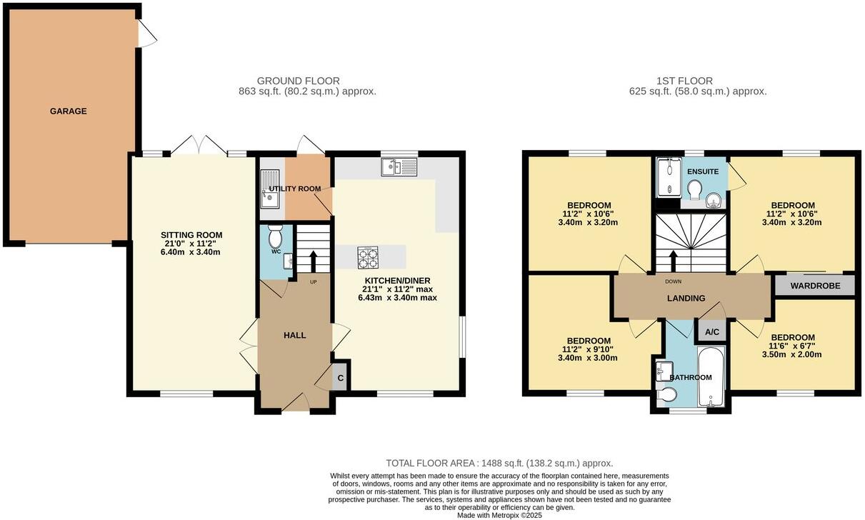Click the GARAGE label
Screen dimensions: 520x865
point(68,111)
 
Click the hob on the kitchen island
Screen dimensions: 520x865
point(367,256)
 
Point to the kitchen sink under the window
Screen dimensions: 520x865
point(399,167)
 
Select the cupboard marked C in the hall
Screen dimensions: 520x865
point(341,378)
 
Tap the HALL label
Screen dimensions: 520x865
point(294,335)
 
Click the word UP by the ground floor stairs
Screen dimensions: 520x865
point(313,281)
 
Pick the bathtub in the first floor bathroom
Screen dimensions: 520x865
point(711,377)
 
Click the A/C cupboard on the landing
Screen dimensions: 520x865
point(711,332)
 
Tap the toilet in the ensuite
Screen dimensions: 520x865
point(693,190)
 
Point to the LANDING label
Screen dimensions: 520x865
point(687,299)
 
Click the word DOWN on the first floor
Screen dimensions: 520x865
point(673,281)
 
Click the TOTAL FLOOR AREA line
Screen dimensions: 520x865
point(499,463)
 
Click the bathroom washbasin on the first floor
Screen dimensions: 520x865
point(661,370)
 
